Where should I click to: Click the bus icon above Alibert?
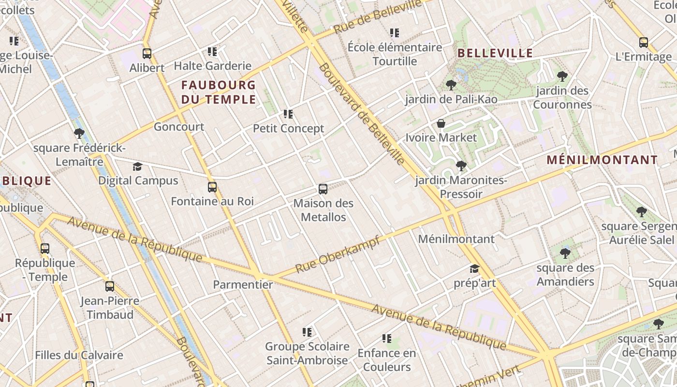(147, 54)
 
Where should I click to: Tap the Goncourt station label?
(179, 127)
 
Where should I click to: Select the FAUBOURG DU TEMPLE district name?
(218, 92)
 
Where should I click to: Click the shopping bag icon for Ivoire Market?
(441, 123)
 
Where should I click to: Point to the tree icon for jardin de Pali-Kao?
(451, 85)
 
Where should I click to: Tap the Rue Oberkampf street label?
(338, 254)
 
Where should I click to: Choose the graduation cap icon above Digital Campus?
(138, 167)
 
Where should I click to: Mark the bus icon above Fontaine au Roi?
(212, 187)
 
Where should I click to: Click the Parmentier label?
(243, 284)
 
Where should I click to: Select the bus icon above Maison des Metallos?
(323, 189)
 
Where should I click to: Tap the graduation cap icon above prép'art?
(474, 268)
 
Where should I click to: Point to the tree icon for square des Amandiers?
(565, 253)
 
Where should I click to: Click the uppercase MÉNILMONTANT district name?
(603, 160)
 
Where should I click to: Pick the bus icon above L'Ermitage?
(644, 43)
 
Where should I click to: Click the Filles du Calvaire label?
(79, 355)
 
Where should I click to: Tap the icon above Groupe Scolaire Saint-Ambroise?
(307, 332)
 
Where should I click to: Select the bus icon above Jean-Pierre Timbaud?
(110, 286)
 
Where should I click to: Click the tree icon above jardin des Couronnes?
(562, 76)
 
